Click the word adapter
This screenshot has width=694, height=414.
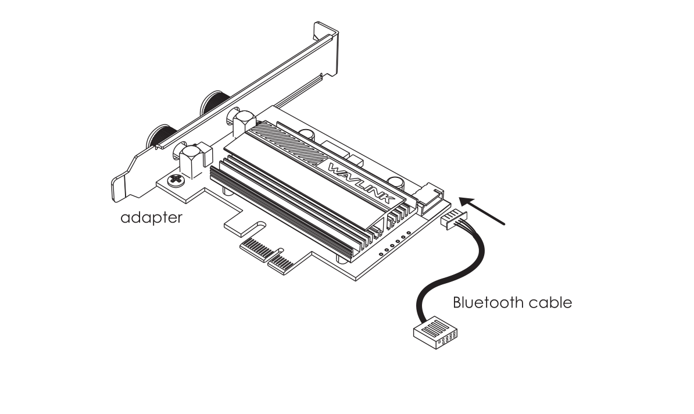pyautogui.click(x=151, y=218)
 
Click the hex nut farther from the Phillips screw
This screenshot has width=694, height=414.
pyautogui.click(x=241, y=122)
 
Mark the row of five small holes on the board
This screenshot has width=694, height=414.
pyautogui.click(x=395, y=245)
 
